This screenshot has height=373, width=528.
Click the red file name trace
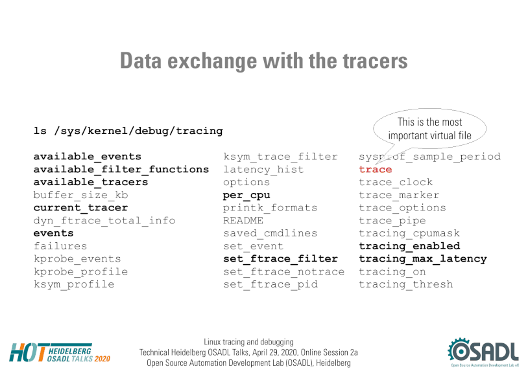click(x=376, y=170)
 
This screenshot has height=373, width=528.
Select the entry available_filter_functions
click(x=121, y=170)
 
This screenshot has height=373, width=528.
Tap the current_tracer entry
click(x=81, y=208)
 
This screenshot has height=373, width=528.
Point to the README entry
click(x=243, y=220)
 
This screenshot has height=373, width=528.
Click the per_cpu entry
click(x=246, y=196)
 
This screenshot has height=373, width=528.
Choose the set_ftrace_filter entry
click(x=280, y=259)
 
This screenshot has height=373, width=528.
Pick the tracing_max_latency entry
click(x=423, y=259)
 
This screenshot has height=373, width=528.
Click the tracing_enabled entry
click(x=409, y=246)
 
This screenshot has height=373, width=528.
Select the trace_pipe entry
click(x=392, y=221)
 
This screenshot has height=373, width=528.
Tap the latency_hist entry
click(x=263, y=170)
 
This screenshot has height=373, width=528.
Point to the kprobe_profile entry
click(x=81, y=271)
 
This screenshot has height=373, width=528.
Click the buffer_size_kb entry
click(x=81, y=195)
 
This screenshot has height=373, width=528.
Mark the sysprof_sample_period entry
click(x=429, y=157)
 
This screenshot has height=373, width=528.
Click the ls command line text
click(x=128, y=131)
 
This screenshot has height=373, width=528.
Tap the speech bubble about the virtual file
click(x=429, y=129)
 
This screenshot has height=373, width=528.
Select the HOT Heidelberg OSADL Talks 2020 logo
click(x=60, y=353)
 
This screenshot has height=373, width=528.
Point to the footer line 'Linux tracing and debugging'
click(x=248, y=342)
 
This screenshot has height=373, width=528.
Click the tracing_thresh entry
click(x=406, y=285)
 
